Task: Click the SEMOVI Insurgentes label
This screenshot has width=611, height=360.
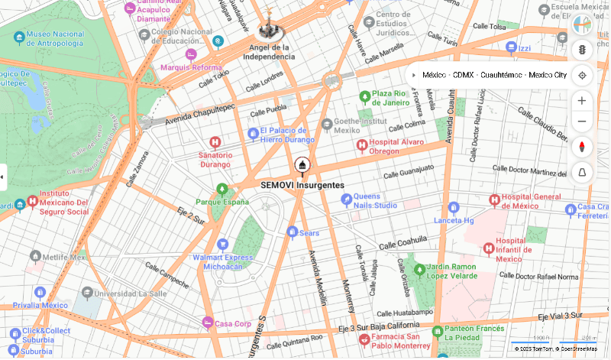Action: [x=302, y=185]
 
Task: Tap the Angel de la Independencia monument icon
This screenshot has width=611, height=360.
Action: [x=268, y=31]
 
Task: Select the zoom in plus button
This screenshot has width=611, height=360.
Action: [x=582, y=101]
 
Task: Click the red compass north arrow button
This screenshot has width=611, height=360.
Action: [x=582, y=147]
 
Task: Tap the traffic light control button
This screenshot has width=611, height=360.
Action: [x=582, y=50]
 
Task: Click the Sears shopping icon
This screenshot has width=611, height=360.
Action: [x=292, y=232]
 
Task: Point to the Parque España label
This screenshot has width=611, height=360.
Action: [x=222, y=202]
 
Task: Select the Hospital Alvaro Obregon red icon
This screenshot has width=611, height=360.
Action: [x=362, y=145]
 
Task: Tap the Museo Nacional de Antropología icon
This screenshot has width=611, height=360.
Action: [x=19, y=35]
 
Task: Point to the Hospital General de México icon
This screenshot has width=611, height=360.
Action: [x=494, y=199]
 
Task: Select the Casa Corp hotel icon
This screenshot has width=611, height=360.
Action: [x=207, y=323]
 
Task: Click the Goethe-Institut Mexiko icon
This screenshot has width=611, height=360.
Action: [x=327, y=124]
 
